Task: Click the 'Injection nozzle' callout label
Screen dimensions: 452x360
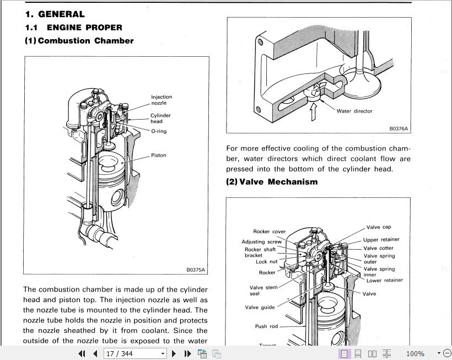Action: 162,100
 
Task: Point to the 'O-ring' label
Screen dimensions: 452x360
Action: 159,131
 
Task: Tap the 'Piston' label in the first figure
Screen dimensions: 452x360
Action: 159,155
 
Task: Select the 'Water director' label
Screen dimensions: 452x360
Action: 354,111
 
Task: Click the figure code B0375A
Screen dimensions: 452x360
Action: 196,270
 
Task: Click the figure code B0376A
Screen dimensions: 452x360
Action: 399,129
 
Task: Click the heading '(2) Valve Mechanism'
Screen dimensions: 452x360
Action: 272,182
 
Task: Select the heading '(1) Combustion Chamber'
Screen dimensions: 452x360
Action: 79,41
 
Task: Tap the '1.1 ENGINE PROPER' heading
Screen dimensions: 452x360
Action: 73,28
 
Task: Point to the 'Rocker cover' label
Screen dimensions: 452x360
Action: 269,232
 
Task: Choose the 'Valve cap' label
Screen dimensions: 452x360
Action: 379,227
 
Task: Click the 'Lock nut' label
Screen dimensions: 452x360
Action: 266,262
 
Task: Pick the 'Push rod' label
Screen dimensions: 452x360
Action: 266,326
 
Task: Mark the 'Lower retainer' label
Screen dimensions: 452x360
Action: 385,280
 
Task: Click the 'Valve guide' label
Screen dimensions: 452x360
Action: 260,307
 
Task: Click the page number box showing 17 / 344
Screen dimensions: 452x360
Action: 135,353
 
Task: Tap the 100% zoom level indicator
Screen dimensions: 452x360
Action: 415,353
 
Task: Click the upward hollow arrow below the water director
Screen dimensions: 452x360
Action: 313,111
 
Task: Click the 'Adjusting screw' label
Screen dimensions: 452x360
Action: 261,242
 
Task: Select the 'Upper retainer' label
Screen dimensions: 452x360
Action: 381,239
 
